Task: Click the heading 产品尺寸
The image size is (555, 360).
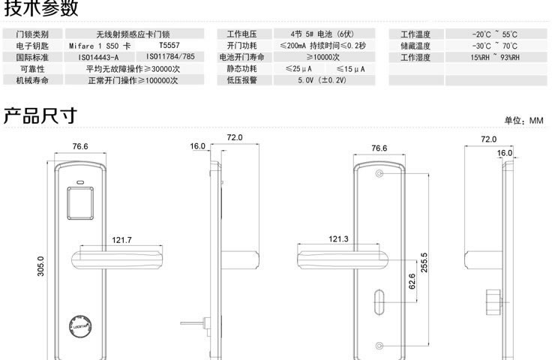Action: (x=39, y=116)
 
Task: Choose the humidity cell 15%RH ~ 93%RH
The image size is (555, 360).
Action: (x=495, y=57)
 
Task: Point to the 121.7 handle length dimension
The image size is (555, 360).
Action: (x=121, y=240)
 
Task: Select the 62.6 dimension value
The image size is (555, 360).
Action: (x=412, y=281)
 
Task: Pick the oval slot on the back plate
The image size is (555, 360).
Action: (x=379, y=303)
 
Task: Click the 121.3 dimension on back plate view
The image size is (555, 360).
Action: (x=338, y=239)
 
